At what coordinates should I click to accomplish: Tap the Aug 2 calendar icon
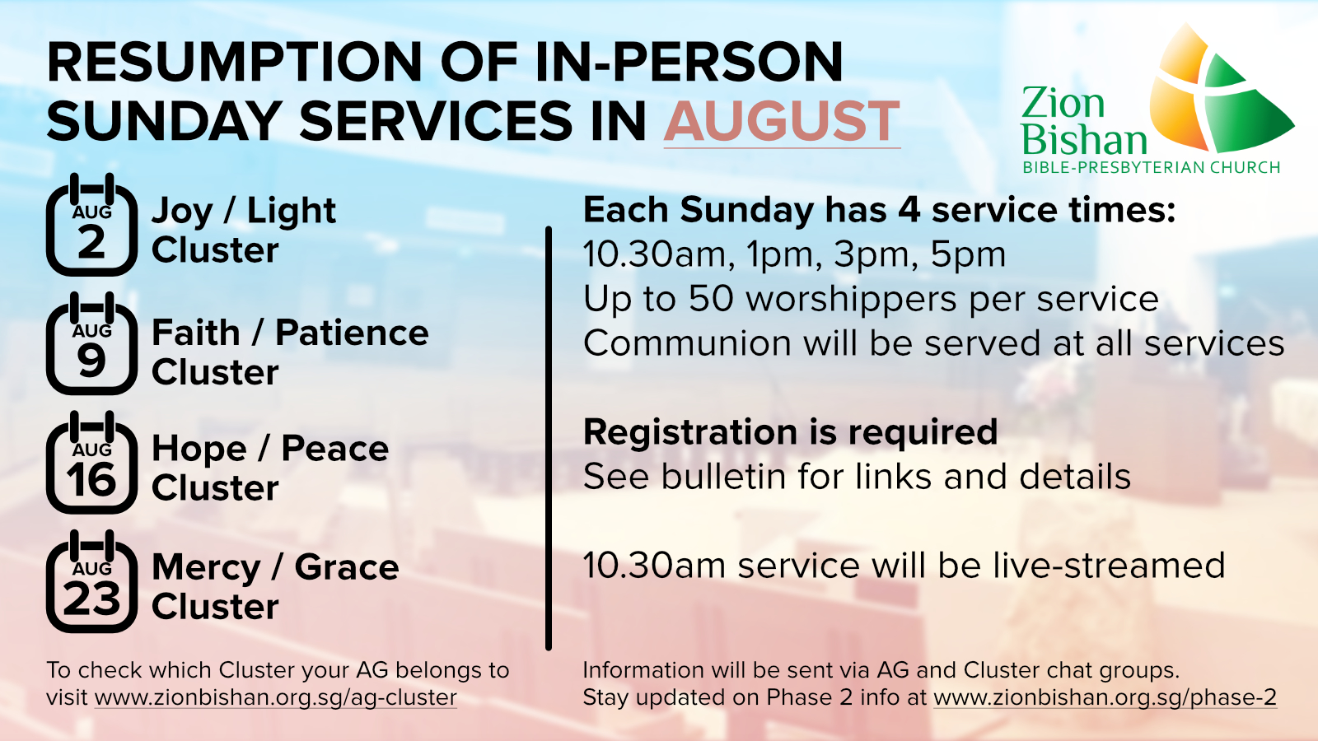[x=91, y=225]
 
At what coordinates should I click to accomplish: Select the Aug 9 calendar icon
[x=91, y=343]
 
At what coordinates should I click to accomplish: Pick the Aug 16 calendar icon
[x=91, y=462]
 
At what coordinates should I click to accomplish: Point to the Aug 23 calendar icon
[x=91, y=581]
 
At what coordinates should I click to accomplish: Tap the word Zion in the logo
[x=1063, y=103]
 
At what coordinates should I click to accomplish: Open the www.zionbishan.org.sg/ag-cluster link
[x=275, y=697]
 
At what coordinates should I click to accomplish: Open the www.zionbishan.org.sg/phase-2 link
[x=1105, y=697]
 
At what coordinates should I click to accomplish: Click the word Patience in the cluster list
[x=352, y=333]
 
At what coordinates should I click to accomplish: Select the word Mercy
[x=206, y=568]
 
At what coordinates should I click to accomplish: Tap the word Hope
[x=199, y=450]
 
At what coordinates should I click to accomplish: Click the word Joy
[x=182, y=212]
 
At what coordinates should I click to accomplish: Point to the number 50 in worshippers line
[x=711, y=299]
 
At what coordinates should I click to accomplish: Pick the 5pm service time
[x=968, y=255]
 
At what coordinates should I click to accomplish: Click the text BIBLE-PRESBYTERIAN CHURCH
[x=1152, y=168]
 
